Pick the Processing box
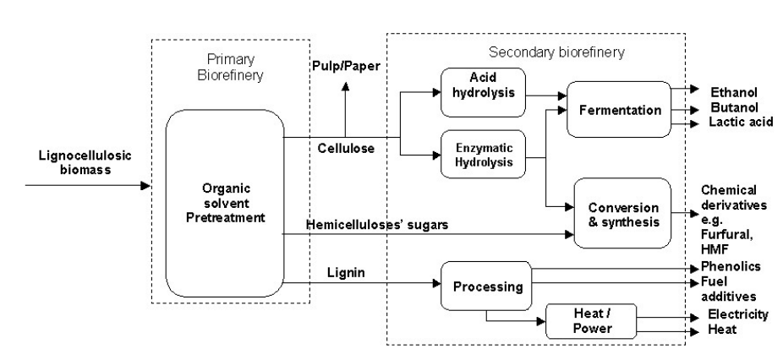click(x=487, y=286)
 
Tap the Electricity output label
click(x=738, y=314)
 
